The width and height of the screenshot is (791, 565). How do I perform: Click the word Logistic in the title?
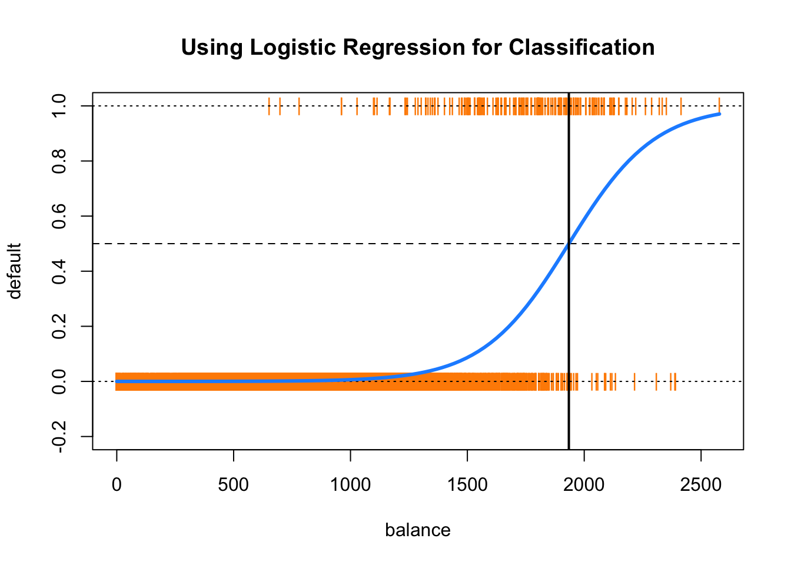[x=293, y=48]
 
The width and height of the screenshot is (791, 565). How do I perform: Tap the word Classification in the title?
[x=581, y=47]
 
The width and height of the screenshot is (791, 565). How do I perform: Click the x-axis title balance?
[x=418, y=530]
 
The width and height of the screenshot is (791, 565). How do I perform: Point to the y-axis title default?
[x=15, y=271]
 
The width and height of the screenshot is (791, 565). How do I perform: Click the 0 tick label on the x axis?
[x=117, y=485]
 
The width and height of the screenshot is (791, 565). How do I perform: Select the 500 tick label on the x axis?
[x=234, y=485]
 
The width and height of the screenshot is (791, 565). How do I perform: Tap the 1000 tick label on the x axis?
[x=350, y=485]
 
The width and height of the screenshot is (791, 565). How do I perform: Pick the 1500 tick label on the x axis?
[x=467, y=485]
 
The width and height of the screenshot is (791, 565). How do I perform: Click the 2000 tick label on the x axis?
[x=584, y=485]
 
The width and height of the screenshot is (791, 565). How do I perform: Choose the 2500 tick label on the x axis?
[x=701, y=485]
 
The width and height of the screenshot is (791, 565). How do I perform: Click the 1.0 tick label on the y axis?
[x=59, y=105]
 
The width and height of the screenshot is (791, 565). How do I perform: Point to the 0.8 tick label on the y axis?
[x=59, y=161]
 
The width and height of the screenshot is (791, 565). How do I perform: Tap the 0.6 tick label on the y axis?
[x=59, y=216]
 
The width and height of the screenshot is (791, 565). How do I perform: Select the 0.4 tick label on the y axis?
[x=59, y=271]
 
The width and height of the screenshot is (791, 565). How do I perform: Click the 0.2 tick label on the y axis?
[x=59, y=326]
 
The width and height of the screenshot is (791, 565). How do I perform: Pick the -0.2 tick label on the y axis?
[x=59, y=437]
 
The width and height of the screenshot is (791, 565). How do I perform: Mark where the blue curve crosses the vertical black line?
[x=569, y=243]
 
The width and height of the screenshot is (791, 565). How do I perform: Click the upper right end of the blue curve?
[x=719, y=114]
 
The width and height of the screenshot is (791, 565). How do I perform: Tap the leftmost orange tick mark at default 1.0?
[x=269, y=106]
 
